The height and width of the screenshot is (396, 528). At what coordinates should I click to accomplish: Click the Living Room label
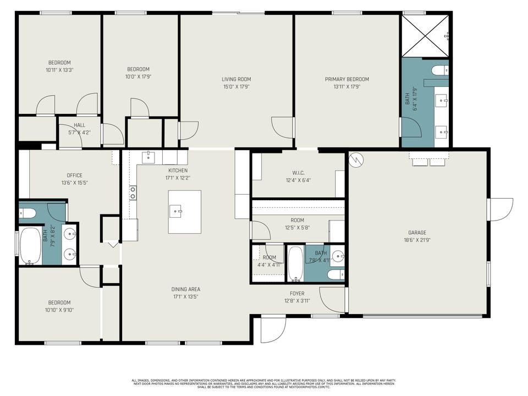coord(236,79)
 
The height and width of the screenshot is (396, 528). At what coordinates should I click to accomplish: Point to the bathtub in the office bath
coord(31,246)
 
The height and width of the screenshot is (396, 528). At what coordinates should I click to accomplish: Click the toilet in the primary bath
coord(440,70)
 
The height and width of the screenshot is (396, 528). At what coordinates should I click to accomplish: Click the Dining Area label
coord(186,289)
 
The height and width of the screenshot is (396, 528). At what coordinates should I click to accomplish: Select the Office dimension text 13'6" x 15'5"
coord(74,183)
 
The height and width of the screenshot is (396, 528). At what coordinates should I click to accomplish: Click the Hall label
coord(79,125)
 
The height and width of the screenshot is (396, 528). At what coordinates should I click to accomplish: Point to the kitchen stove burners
coord(133,193)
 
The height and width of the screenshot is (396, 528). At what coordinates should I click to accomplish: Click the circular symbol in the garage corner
coord(357,160)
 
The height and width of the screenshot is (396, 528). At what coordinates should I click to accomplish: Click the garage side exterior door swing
coord(501,210)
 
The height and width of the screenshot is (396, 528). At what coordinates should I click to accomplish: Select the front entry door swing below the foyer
coord(273,328)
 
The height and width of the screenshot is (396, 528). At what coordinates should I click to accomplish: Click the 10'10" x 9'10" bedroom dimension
coord(59,310)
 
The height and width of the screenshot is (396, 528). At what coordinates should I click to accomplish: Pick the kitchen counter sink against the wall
coord(148,158)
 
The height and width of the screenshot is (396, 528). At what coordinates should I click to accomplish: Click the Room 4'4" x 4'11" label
coord(269,261)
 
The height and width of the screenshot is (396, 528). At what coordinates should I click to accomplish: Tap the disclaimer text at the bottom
coord(264,383)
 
